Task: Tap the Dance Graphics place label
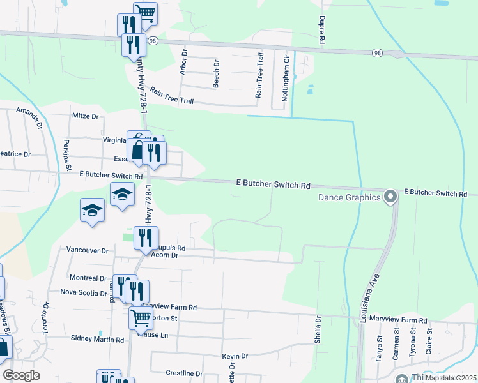click(350, 197)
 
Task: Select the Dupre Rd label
click(322, 31)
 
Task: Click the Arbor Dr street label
click(183, 63)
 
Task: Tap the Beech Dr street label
click(216, 75)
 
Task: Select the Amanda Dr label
click(30, 118)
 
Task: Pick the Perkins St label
click(67, 161)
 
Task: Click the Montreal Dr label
click(88, 278)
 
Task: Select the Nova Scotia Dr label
click(84, 293)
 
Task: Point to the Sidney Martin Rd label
click(97, 340)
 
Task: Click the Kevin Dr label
click(235, 356)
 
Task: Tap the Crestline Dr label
click(184, 373)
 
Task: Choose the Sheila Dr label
click(318, 329)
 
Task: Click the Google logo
click(21, 375)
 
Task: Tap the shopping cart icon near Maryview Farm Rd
click(141, 317)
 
